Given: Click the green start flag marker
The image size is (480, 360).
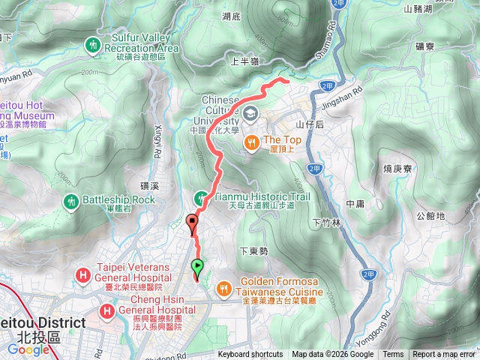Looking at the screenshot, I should click(197, 265).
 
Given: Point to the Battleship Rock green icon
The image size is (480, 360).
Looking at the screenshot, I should click(72, 200).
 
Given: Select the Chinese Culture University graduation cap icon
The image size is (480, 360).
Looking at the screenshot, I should click(249, 112).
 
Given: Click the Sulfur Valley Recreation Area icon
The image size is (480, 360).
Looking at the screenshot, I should click(93, 44).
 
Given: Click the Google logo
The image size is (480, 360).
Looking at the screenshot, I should click(28, 349).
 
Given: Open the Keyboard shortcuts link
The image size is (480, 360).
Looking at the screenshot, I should click(250, 355).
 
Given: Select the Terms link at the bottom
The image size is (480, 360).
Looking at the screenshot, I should click(393, 355).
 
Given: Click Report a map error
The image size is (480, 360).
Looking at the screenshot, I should click(444, 355).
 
